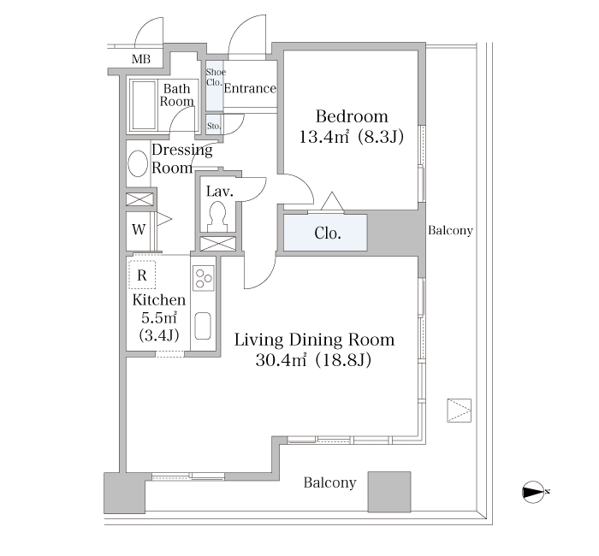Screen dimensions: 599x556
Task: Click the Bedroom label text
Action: click(352, 116)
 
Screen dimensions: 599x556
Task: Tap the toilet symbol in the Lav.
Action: click(217, 216)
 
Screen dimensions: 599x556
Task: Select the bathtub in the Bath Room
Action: click(144, 105)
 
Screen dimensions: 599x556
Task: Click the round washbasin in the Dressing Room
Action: click(138, 163)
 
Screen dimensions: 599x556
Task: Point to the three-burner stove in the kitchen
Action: click(204, 278)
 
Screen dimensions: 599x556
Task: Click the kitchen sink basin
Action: click(203, 326)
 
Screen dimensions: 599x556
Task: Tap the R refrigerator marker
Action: click(142, 275)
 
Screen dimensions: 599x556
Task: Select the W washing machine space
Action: click(139, 230)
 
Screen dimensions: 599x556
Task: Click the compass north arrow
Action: click(533, 492)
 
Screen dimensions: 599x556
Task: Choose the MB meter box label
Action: click(141, 59)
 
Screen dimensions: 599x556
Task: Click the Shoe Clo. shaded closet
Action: click(214, 86)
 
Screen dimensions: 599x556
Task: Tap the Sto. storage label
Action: click(214, 126)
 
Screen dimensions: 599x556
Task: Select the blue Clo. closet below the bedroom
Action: click(325, 233)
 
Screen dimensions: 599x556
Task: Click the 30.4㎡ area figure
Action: click(281, 360)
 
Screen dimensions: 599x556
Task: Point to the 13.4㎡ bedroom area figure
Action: click(324, 137)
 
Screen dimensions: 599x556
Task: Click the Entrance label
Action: click(250, 89)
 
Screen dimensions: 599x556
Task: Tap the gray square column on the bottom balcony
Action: click(389, 492)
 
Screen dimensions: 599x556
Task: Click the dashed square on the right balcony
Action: click(460, 411)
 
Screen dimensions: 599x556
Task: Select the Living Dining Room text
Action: click(314, 340)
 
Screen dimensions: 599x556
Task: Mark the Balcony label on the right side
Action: click(450, 231)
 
